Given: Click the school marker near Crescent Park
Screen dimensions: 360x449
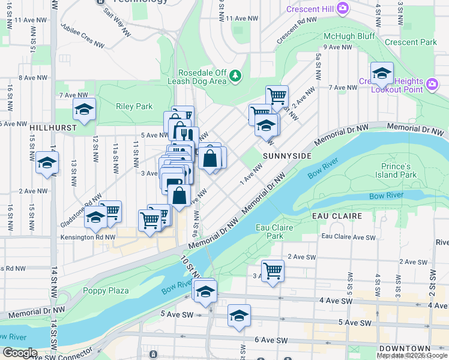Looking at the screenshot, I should point(381,74).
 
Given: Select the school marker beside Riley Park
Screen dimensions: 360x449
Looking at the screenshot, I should point(85,110).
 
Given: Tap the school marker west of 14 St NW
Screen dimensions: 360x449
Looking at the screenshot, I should point(47,163).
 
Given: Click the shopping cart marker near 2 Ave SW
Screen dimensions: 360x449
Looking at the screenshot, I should point(273,270).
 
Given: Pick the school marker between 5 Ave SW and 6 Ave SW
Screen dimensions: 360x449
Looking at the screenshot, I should point(239,316).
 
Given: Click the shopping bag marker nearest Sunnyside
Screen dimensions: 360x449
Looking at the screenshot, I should point(210,158).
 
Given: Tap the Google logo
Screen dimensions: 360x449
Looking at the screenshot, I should point(20,353).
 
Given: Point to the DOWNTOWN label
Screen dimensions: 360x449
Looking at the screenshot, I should point(405,349).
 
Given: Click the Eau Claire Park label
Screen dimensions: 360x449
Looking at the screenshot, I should point(270,232).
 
